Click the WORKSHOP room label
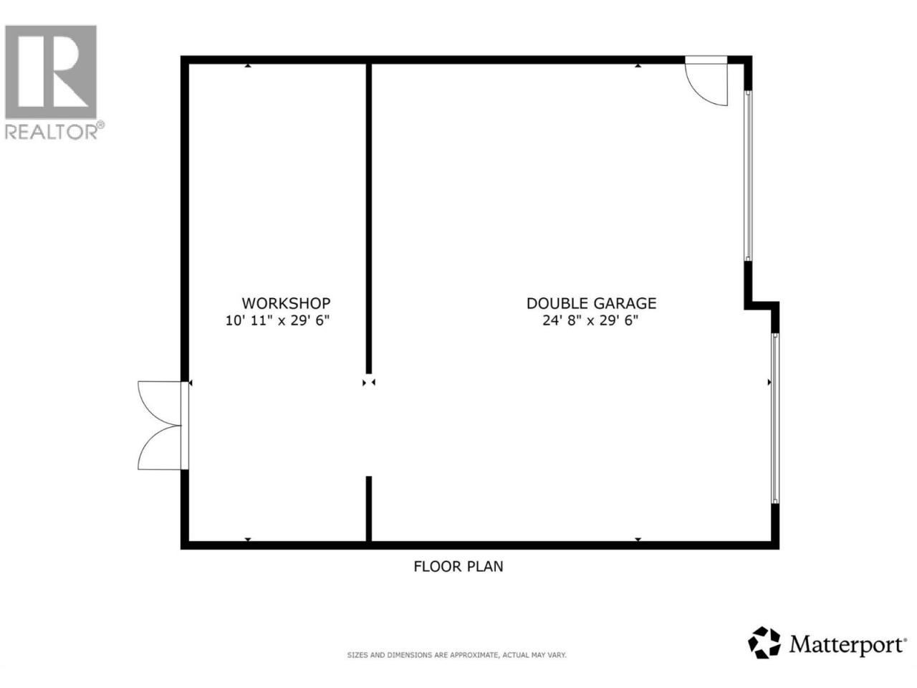(286, 303)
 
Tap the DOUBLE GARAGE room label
(591, 303)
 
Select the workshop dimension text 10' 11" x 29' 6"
(277, 321)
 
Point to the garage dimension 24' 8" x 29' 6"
(590, 321)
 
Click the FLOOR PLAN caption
(458, 566)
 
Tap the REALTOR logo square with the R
(51, 72)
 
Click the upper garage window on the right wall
(748, 176)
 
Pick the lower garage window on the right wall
(775, 418)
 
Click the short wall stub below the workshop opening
(368, 509)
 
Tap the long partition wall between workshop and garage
(368, 218)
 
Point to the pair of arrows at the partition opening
(368, 382)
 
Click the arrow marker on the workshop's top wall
(248, 66)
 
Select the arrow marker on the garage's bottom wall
(638, 540)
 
